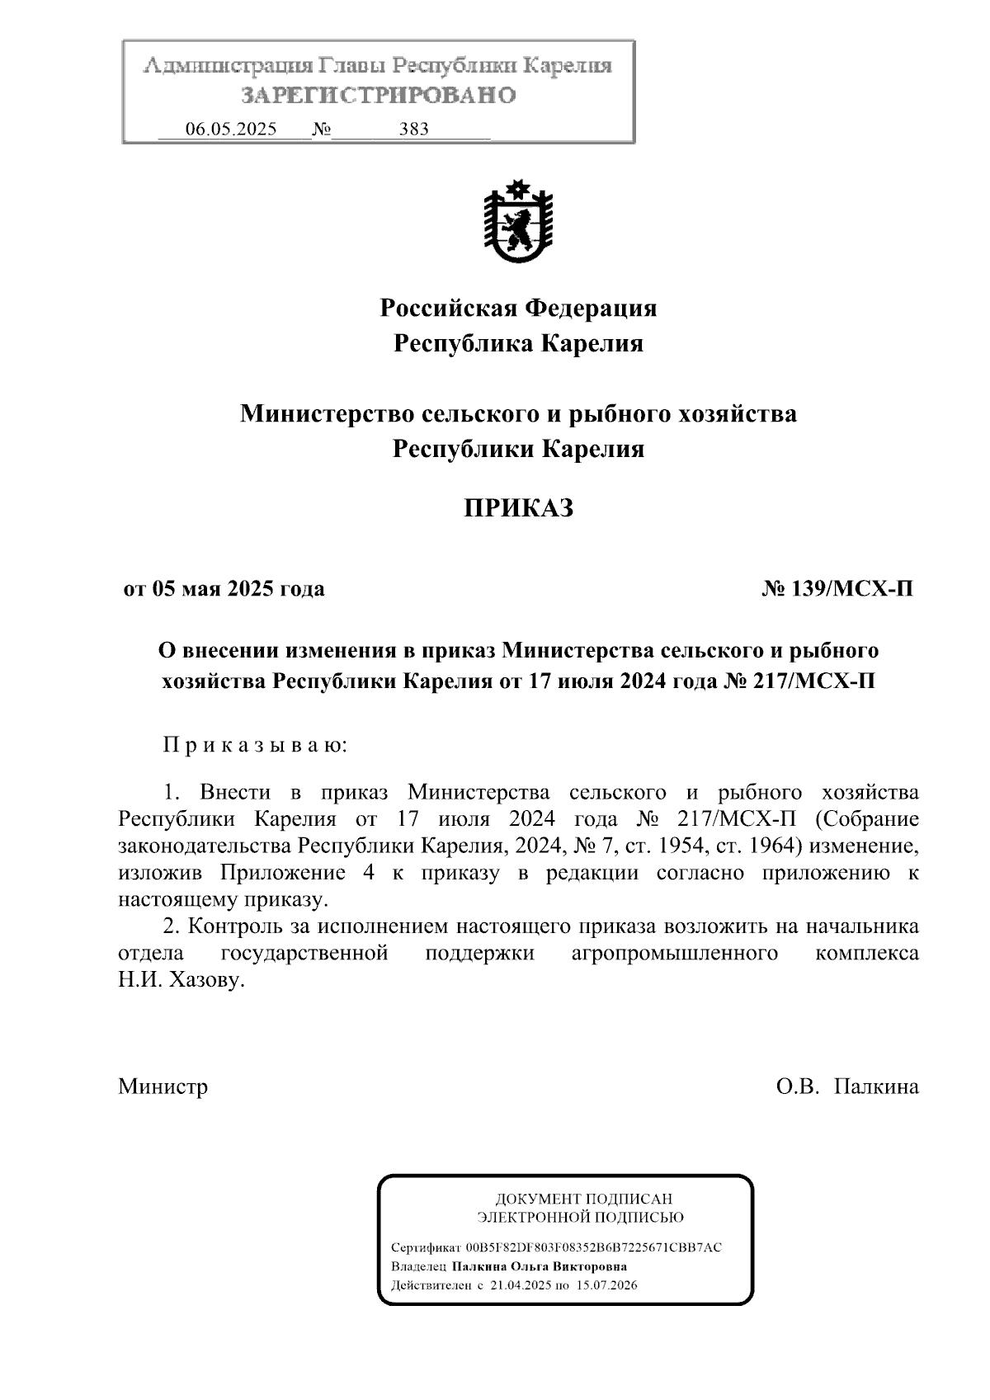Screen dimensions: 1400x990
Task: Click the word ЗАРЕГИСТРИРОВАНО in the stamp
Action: tap(379, 96)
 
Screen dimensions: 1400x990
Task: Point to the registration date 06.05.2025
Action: tap(231, 129)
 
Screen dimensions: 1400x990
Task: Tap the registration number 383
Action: tap(413, 129)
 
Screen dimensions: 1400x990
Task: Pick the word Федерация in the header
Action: tap(592, 309)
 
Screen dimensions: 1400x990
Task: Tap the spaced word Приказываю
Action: tap(255, 746)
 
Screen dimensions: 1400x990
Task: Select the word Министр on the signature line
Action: tap(163, 1086)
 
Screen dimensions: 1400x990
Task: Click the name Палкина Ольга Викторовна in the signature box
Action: tap(539, 1266)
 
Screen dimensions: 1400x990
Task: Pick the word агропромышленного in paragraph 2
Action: tap(674, 954)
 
